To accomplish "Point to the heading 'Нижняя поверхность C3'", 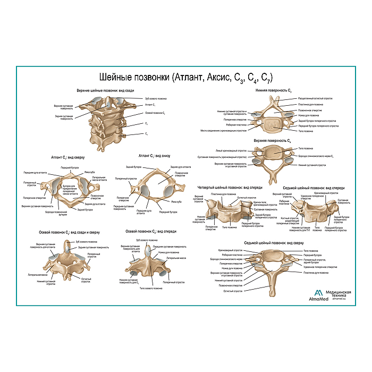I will [x=274, y=91].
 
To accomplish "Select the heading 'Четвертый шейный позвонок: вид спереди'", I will [x=230, y=188].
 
